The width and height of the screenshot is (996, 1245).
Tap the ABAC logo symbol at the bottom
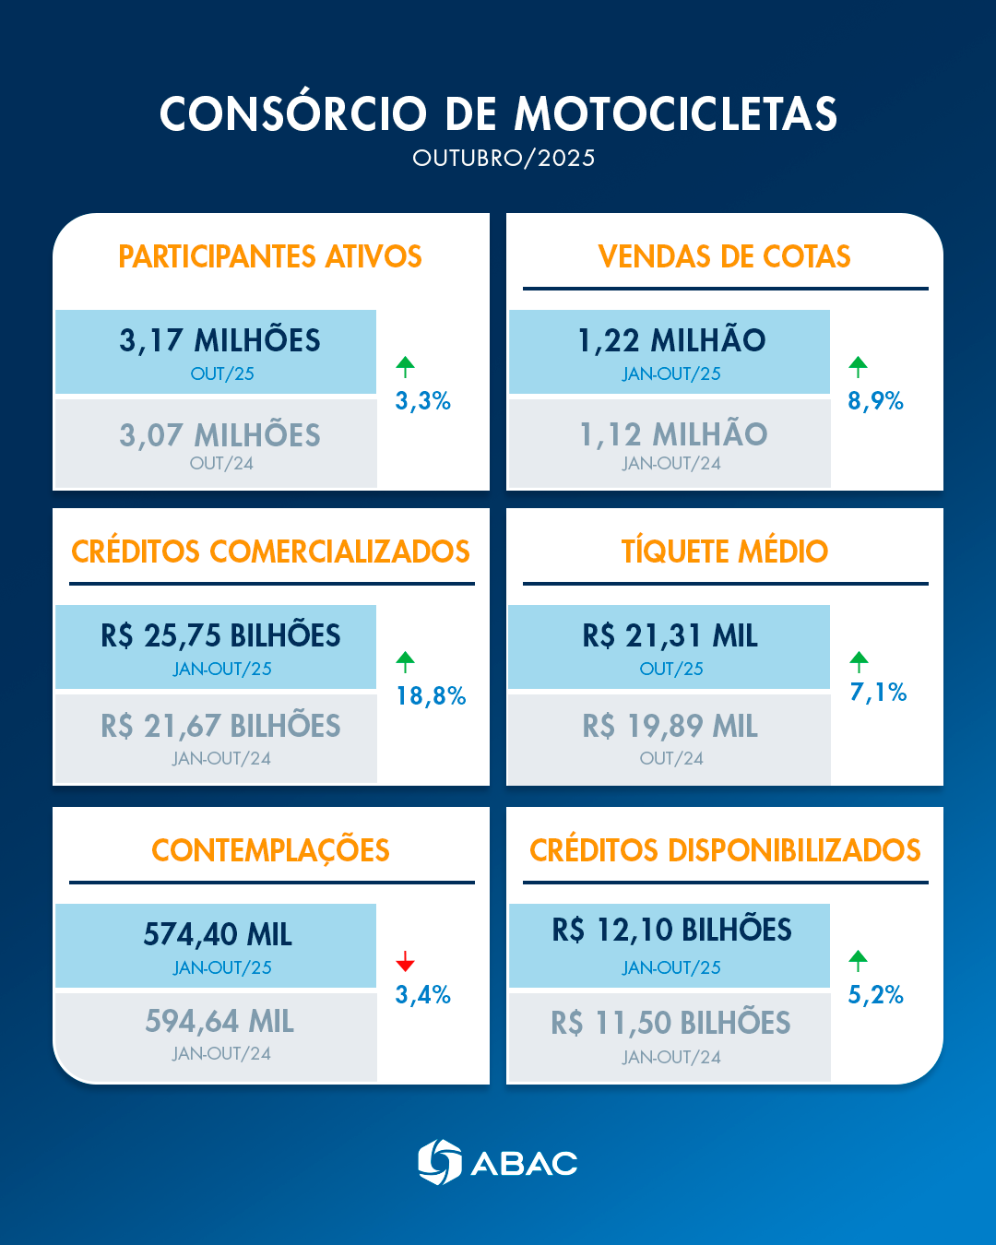coord(439,1162)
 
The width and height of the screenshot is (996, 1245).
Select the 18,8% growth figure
coord(431,696)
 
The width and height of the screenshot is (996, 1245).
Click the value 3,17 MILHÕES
coord(219,340)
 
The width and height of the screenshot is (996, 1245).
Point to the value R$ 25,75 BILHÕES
coord(220,635)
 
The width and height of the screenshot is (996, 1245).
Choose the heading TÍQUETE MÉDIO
coord(725,551)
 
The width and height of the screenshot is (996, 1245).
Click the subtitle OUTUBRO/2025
coord(504,158)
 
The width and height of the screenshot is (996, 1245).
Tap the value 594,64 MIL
coord(219,1022)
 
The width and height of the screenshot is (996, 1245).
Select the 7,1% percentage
coord(878,693)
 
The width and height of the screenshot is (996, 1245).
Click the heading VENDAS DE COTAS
coord(725,256)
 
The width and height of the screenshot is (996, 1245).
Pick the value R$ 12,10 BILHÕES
coord(671,930)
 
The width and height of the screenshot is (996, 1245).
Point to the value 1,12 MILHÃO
coord(673,434)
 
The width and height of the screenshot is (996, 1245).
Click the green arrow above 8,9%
coord(858,366)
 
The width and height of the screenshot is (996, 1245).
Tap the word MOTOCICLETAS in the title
coord(675,114)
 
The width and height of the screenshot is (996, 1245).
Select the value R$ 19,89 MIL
coord(670,727)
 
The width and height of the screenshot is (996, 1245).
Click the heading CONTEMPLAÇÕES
coord(270,850)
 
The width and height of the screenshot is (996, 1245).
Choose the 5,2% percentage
coord(875,995)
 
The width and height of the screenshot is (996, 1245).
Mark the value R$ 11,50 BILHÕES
coord(670,1023)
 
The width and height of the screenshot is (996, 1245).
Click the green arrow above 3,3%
coord(405,366)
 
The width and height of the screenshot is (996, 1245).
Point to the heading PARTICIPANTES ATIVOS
coord(270,256)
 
